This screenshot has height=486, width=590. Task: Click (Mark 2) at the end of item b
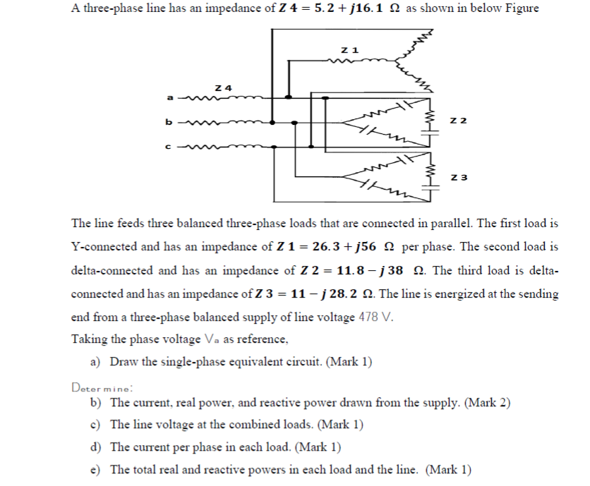click(485, 403)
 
